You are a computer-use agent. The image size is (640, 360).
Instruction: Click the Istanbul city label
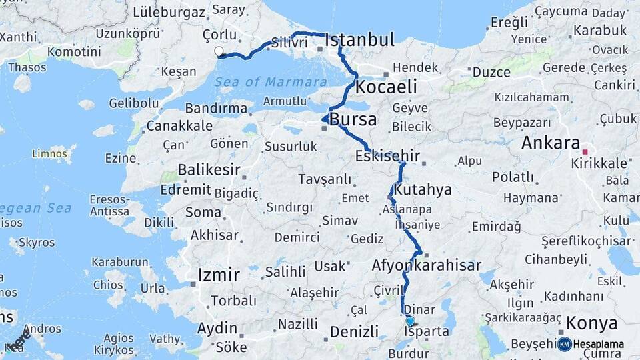click(x=359, y=40)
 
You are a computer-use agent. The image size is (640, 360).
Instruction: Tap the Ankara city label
click(x=551, y=143)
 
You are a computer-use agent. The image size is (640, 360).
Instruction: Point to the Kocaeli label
click(x=386, y=87)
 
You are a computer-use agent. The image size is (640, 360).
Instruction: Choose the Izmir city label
click(x=219, y=275)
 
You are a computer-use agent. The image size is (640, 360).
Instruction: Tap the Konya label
click(x=592, y=324)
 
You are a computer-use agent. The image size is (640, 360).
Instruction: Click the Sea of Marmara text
click(x=271, y=82)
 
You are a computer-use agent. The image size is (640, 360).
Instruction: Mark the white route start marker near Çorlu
click(x=219, y=51)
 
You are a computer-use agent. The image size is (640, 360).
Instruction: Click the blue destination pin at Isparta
click(x=409, y=321)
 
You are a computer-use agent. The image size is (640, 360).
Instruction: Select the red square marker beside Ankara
click(x=585, y=151)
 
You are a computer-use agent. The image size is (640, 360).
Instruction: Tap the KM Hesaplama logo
click(x=591, y=344)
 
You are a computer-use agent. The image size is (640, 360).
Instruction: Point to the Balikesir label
click(x=209, y=170)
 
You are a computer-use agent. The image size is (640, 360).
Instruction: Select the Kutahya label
click(x=423, y=190)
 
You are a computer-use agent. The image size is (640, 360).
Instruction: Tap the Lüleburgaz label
click(x=169, y=12)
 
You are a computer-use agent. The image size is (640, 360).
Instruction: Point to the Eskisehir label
click(x=387, y=156)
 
